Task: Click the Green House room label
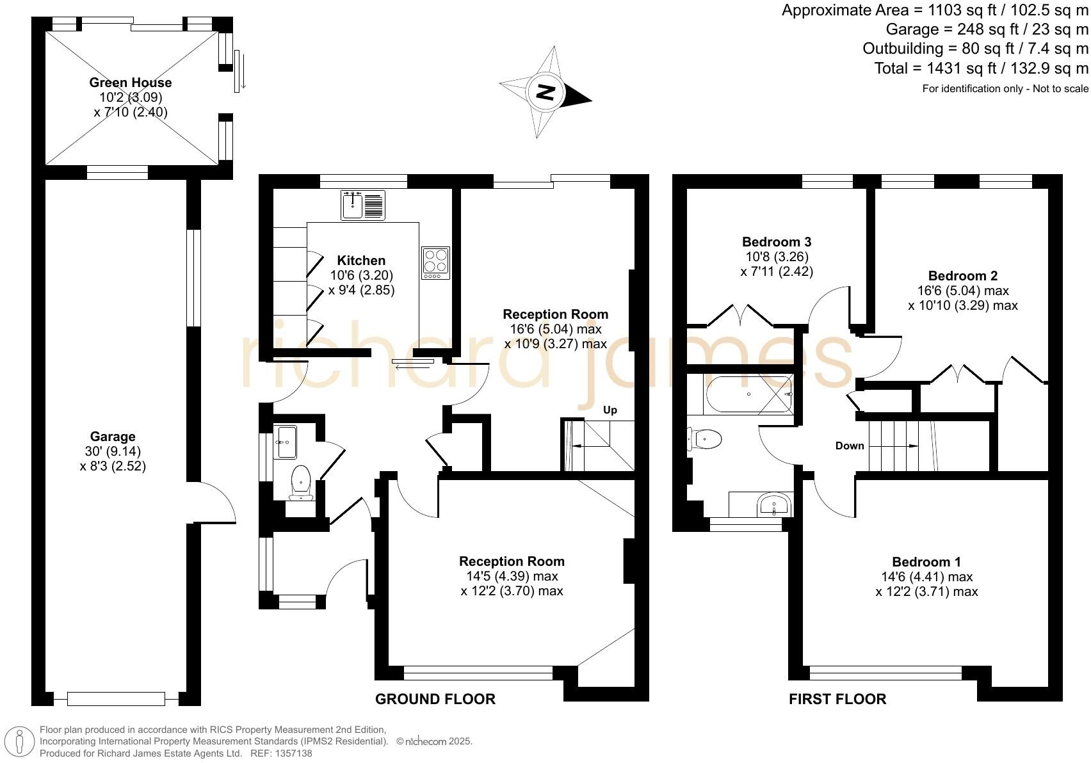click(131, 83)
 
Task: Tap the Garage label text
click(113, 437)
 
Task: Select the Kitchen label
click(361, 260)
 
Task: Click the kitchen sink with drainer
click(363, 205)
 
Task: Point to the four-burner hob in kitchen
click(435, 263)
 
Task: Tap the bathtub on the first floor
click(748, 394)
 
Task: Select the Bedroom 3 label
click(777, 241)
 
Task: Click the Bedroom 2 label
click(962, 276)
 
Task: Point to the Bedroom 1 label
click(926, 562)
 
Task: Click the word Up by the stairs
click(610, 410)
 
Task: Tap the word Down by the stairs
click(850, 446)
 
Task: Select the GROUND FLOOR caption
click(435, 699)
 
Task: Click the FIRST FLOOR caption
click(837, 699)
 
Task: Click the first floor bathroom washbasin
click(775, 504)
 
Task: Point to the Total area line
click(981, 68)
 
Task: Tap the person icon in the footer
click(19, 741)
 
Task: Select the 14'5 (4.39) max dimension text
click(512, 576)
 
